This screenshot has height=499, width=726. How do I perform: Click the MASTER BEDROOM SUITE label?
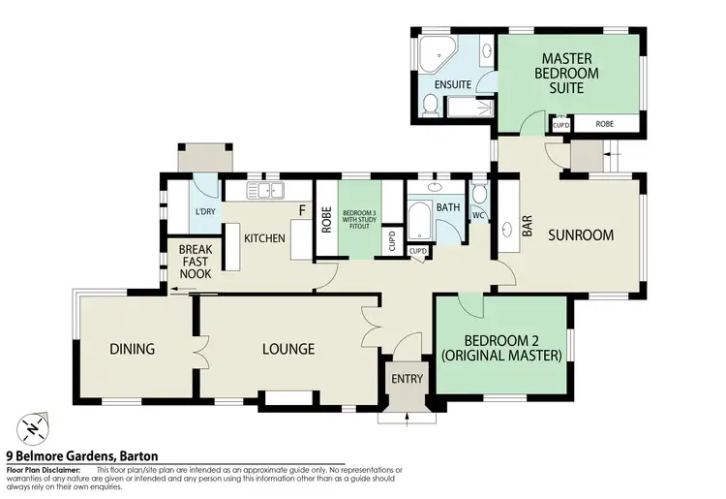click(x=570, y=73)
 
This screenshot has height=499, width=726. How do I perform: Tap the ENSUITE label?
click(x=452, y=85)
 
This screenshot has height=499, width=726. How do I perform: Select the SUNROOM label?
click(x=581, y=234)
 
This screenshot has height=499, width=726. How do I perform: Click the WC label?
click(x=478, y=215)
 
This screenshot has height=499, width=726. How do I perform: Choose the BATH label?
click(x=448, y=207)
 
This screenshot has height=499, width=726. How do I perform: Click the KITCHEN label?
click(x=263, y=238)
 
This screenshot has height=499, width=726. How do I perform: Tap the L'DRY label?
click(x=205, y=212)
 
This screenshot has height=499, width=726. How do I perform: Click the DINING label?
click(x=133, y=349)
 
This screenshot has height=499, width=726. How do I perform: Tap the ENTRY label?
click(x=406, y=379)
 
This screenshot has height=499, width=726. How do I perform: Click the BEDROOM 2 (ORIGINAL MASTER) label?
click(x=499, y=348)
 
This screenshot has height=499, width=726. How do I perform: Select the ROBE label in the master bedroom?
click(x=604, y=124)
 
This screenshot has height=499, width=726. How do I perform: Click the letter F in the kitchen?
click(x=303, y=209)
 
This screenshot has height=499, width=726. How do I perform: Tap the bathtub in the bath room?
click(x=419, y=220)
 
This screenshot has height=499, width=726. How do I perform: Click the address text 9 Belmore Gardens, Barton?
click(x=82, y=455)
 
